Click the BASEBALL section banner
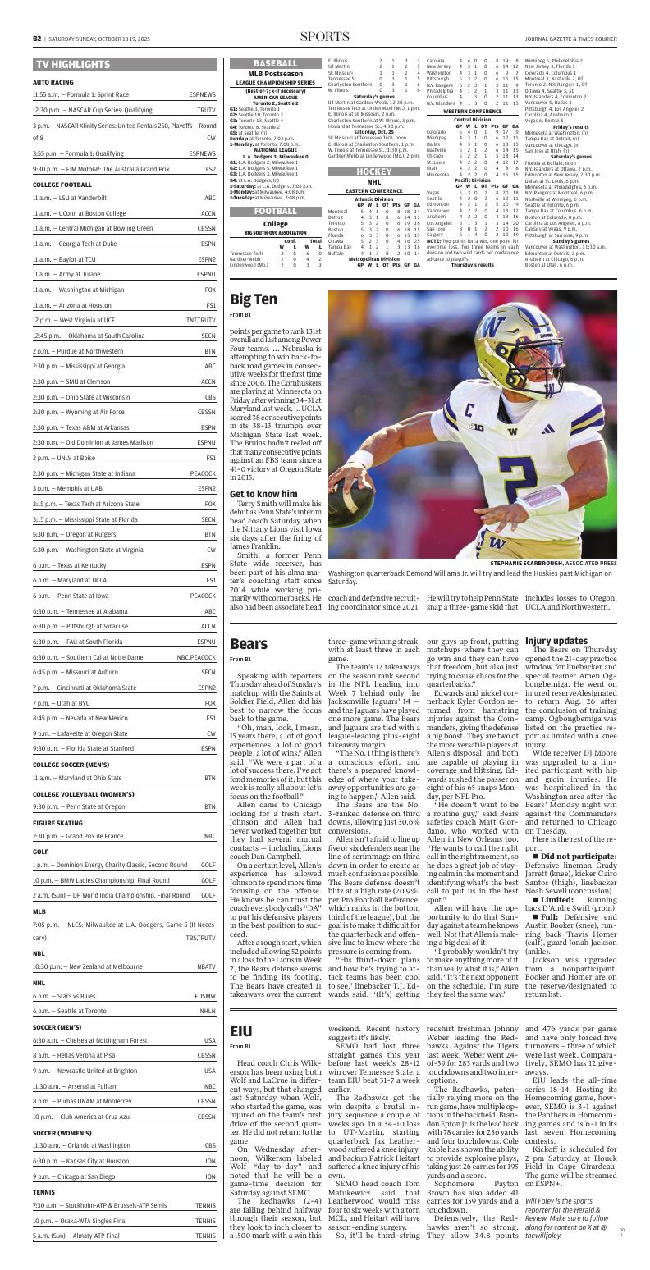click(x=276, y=63)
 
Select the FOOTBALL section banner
click(x=276, y=211)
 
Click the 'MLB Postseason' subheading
click(x=276, y=75)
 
